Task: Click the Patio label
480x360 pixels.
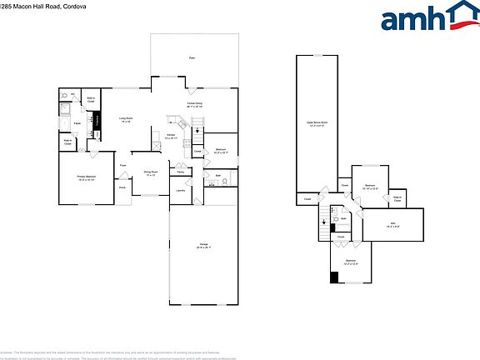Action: [x=192, y=57]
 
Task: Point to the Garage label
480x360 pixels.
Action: [x=203, y=246]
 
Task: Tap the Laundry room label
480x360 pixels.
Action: [x=180, y=190]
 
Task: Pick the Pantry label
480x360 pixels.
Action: [x=180, y=172]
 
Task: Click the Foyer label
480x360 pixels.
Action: [x=122, y=165]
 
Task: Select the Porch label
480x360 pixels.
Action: [x=122, y=188]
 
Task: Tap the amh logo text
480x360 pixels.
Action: [x=413, y=19]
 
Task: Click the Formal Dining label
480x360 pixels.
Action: [x=194, y=104]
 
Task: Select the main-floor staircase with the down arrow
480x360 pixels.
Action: [x=197, y=127]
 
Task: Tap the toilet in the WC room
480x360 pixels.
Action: [x=65, y=97]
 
